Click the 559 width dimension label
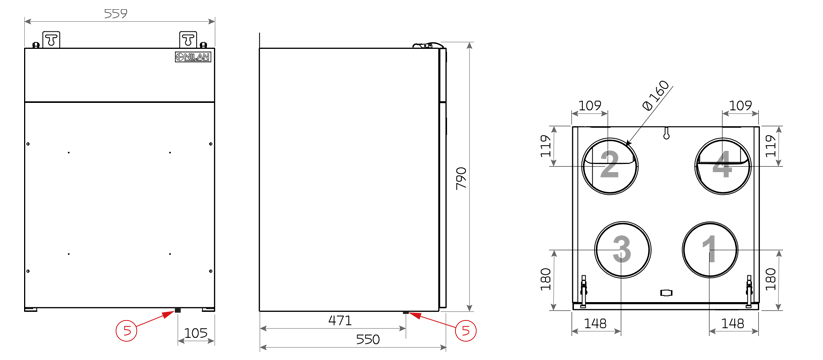point(115,14)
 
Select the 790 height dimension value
point(461,178)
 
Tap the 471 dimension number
point(340,320)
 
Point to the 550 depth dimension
point(368,340)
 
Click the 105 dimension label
point(196,333)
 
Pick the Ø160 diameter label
point(657,95)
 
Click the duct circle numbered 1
point(710,249)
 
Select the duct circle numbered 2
point(610,165)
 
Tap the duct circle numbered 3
point(622,249)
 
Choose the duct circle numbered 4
point(723,165)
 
